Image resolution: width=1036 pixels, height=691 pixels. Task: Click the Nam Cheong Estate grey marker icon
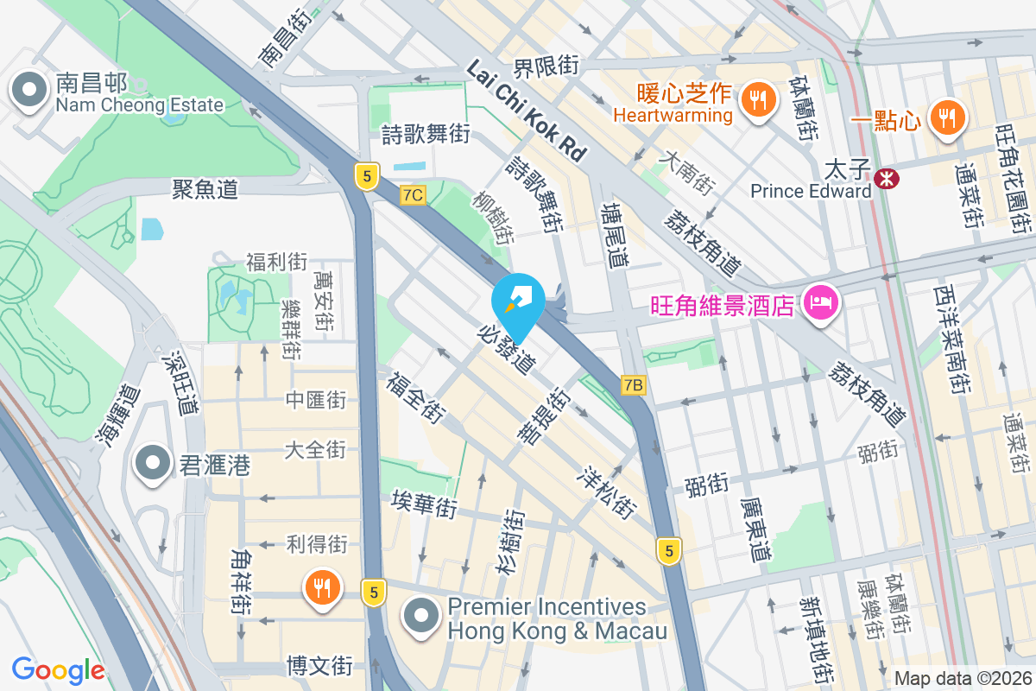(x=30, y=91)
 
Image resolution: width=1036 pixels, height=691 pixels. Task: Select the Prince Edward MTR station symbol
(x=886, y=178)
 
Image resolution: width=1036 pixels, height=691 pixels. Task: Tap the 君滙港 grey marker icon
(x=153, y=464)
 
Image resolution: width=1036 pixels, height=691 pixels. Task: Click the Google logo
(x=58, y=670)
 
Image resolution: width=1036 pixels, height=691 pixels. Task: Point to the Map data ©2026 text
(x=963, y=679)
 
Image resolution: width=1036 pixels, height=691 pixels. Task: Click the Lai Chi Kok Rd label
(x=527, y=111)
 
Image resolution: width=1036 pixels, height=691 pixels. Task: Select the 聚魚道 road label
(x=205, y=188)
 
